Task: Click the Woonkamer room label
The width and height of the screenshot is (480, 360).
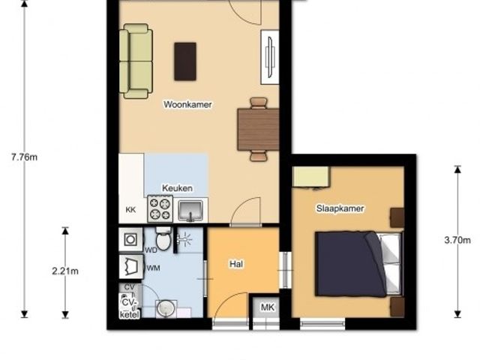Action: click(x=187, y=104)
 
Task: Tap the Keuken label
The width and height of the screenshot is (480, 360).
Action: click(x=177, y=188)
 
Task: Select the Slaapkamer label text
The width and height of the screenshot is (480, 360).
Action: click(x=340, y=208)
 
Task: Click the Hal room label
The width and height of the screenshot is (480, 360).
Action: click(x=236, y=264)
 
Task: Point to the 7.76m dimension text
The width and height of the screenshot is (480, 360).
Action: click(x=24, y=157)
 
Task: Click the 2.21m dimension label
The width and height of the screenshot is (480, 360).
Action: click(x=65, y=271)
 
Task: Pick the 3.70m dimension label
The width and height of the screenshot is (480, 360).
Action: click(x=457, y=240)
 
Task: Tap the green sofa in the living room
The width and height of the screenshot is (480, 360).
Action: click(x=136, y=61)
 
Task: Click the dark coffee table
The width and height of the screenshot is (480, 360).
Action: click(x=185, y=61)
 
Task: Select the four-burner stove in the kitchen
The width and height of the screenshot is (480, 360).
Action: click(x=160, y=209)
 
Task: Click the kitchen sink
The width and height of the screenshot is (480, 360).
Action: click(x=190, y=210)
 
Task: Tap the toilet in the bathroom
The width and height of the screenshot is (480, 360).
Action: click(x=163, y=239)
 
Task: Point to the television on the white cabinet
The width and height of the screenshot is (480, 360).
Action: click(x=270, y=57)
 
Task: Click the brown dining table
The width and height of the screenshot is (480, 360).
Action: click(x=258, y=129)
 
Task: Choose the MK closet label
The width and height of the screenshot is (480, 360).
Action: click(x=268, y=307)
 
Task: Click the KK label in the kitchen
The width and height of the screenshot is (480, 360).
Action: click(x=130, y=210)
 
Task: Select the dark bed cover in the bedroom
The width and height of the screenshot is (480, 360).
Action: click(x=350, y=264)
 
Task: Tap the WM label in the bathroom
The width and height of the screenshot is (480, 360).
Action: click(x=153, y=268)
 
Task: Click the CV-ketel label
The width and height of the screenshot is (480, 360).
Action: click(x=130, y=308)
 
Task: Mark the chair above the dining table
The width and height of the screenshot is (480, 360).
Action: click(x=259, y=103)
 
